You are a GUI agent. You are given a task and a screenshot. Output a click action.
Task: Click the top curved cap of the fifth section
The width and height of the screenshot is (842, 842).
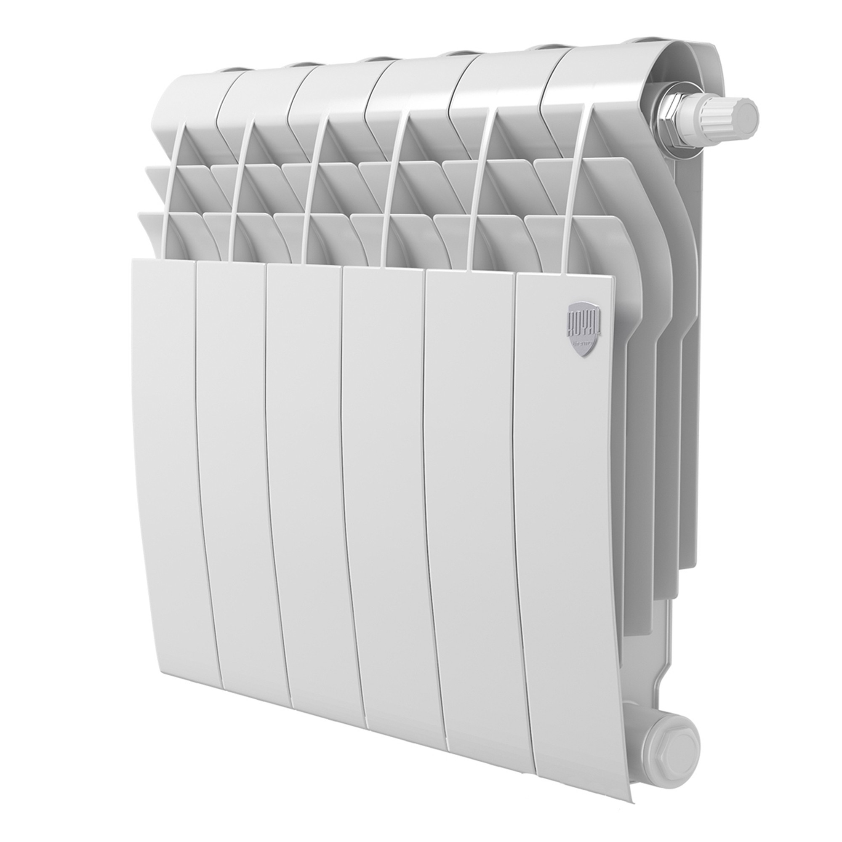tap(497, 72)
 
